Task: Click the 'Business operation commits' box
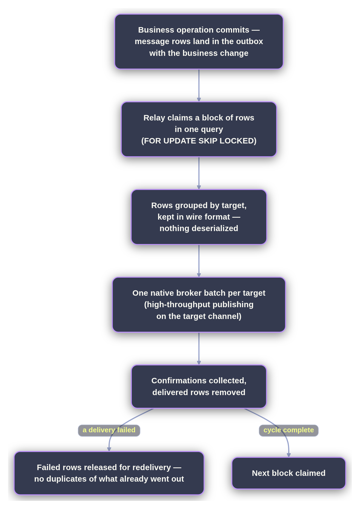199,42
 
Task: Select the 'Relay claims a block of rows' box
199,129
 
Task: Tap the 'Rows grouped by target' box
199,217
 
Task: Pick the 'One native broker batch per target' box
199,304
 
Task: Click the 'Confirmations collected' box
199,386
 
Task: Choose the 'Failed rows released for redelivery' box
109,473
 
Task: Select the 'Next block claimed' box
289,473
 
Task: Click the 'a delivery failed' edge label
109,430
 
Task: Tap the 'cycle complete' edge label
289,430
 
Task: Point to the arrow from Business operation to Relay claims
199,85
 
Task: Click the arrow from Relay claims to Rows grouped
199,173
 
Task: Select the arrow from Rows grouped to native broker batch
199,261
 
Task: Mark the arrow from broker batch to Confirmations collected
199,348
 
